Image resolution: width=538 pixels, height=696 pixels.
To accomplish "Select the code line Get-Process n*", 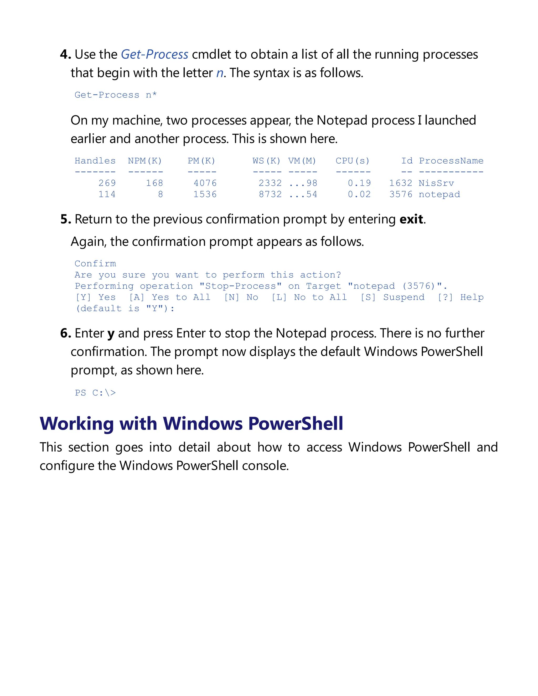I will coord(115,95).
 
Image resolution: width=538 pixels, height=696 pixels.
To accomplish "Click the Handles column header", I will coord(95,161).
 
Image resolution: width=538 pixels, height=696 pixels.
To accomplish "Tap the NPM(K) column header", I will coord(145,161).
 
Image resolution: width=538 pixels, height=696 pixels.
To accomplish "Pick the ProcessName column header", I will coord(451,161).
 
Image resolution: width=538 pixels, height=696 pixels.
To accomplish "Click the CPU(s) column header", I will coord(353,161).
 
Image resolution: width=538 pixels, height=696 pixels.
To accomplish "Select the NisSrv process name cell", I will coord(436,183).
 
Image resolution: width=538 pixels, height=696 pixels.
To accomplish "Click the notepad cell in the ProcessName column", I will coord(439,194).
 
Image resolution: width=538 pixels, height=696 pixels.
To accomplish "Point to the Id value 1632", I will coord(401,183).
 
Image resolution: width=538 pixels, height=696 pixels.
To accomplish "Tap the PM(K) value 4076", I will coord(205,183).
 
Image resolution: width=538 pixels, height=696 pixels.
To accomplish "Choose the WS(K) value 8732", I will coord(270,194).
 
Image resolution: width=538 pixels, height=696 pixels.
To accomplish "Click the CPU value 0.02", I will coord(359,194).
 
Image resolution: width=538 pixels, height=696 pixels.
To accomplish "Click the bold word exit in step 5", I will coord(411,219).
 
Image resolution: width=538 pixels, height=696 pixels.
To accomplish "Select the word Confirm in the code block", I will coord(95,264).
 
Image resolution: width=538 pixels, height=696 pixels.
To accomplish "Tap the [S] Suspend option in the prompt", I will coord(392,297).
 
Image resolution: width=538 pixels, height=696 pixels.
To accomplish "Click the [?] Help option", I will coord(461,297).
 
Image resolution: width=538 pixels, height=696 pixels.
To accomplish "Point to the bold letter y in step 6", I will coord(111,334).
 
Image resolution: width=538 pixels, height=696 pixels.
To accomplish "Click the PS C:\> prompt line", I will coord(95,393).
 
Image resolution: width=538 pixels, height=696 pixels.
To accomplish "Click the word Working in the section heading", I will coord(76,424).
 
